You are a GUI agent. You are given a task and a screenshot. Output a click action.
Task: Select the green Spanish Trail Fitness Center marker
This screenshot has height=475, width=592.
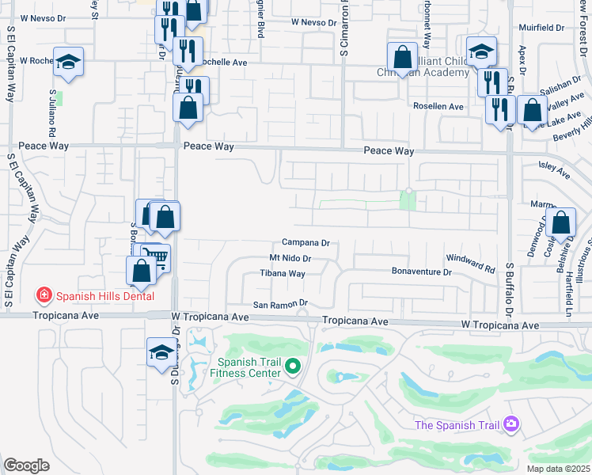293,366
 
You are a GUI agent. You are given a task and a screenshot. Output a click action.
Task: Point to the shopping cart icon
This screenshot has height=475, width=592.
155,258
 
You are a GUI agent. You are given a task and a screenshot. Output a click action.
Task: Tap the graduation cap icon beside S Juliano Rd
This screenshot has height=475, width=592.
69,62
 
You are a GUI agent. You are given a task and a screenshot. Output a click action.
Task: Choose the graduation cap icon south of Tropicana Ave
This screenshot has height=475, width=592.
162,351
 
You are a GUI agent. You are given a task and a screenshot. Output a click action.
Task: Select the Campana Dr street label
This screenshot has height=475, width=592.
305,243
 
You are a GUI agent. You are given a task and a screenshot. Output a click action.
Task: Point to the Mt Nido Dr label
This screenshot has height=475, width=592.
290,258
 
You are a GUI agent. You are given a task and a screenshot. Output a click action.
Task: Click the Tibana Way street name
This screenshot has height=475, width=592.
283,274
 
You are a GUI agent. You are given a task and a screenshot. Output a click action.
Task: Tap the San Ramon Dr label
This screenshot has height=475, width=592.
279,304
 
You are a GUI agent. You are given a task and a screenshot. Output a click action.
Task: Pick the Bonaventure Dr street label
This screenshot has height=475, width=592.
421,272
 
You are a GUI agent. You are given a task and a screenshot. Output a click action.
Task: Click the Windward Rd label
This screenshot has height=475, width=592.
470,258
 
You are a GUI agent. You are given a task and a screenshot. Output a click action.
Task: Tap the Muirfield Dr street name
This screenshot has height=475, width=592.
545,27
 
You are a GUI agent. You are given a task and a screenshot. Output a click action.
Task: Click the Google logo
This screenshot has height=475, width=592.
26,465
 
